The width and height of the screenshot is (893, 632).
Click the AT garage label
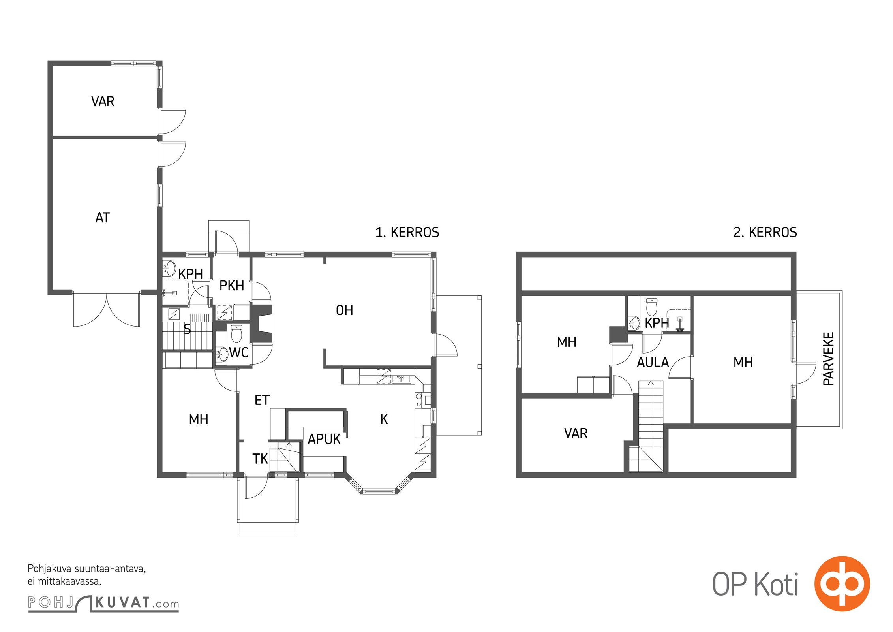click(103, 218)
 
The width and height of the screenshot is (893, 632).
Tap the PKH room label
click(232, 286)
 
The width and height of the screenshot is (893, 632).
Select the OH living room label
click(344, 310)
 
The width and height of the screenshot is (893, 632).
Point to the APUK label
click(324, 439)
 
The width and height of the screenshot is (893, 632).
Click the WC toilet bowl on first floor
click(236, 334)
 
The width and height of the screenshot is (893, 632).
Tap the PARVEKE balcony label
click(829, 359)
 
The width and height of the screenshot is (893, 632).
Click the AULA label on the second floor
click(653, 362)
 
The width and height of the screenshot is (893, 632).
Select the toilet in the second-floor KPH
click(651, 307)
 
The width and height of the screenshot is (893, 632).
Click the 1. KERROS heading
click(407, 232)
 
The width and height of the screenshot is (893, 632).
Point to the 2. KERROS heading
click(765, 232)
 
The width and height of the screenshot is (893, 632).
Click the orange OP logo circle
click(842, 584)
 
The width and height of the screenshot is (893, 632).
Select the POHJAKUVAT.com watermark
click(103, 604)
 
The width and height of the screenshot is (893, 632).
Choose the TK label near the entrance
click(260, 459)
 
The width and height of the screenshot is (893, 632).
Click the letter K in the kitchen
click(384, 419)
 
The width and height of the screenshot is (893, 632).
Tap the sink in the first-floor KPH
click(169, 268)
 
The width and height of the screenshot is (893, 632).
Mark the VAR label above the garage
click(103, 102)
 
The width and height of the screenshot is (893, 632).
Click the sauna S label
click(187, 329)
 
